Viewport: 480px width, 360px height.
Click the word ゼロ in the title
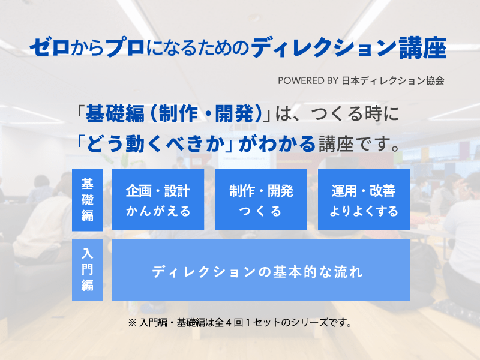point(50,48)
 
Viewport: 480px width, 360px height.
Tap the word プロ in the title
point(125,48)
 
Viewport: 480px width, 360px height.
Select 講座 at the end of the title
point(423,48)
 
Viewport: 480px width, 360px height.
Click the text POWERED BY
point(308,81)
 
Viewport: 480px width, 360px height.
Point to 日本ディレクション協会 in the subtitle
point(393,81)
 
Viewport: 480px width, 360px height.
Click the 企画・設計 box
point(158,200)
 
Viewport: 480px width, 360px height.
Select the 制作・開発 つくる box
point(261,200)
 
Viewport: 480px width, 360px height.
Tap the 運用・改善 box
point(364,200)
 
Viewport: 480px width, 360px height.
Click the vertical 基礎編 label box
point(88,200)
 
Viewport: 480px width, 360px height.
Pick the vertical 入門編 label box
point(88,270)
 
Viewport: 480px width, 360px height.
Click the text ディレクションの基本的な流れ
point(257,272)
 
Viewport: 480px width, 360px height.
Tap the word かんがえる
point(158,211)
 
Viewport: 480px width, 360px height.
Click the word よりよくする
point(364,211)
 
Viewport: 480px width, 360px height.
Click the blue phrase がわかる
point(277,144)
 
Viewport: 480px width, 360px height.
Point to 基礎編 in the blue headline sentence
point(115,114)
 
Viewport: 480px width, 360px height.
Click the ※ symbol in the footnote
point(132,323)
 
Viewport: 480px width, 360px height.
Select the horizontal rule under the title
point(239,67)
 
